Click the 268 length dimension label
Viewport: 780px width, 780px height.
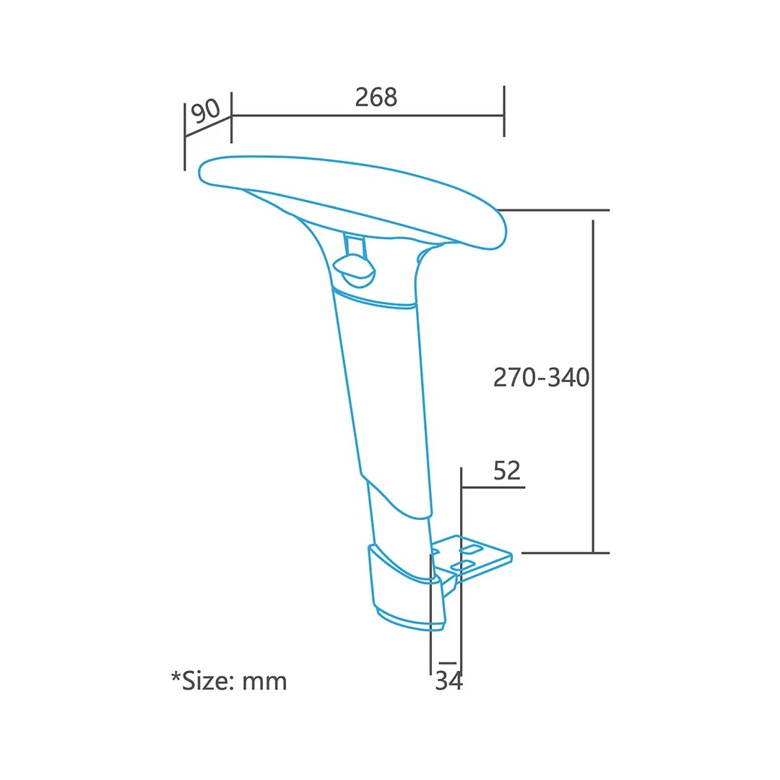click(x=376, y=97)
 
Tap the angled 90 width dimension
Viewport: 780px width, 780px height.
click(x=206, y=111)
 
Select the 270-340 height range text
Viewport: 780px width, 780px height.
click(x=541, y=377)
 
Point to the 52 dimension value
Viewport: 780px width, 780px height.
click(x=507, y=471)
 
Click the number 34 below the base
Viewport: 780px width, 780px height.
click(x=448, y=681)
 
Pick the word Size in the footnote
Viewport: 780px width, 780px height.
click(x=207, y=681)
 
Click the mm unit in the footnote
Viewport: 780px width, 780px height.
click(x=264, y=682)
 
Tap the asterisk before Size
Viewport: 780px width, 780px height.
click(x=175, y=677)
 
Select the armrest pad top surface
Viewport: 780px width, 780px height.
click(x=347, y=181)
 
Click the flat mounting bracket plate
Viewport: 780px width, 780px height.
click(x=484, y=560)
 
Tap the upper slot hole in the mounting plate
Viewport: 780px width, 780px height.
click(x=471, y=550)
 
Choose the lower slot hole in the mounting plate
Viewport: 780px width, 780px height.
click(x=461, y=563)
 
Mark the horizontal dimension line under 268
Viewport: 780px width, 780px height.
click(x=368, y=115)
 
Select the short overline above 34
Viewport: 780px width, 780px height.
click(x=448, y=662)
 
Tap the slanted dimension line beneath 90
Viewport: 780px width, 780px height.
click(x=208, y=126)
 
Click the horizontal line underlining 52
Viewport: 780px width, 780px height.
click(x=493, y=487)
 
